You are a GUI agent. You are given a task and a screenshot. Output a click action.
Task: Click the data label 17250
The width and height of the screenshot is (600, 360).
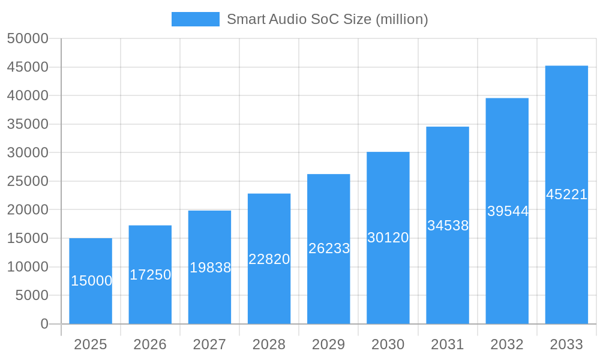click(x=150, y=275)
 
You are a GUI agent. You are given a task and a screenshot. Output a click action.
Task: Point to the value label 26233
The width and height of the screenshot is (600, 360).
click(x=329, y=248)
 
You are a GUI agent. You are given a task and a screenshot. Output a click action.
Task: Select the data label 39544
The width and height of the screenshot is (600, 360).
click(x=508, y=211)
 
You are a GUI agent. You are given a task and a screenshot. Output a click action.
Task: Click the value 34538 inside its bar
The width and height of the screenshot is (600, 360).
click(x=448, y=226)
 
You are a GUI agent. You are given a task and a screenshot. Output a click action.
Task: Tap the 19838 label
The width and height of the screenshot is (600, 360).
click(x=210, y=268)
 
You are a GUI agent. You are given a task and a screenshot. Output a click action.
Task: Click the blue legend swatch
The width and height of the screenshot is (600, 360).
click(x=196, y=19)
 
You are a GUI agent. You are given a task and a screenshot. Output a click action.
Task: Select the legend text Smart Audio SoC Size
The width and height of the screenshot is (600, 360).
click(x=327, y=19)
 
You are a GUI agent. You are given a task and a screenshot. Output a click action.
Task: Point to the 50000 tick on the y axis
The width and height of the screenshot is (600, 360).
click(x=28, y=38)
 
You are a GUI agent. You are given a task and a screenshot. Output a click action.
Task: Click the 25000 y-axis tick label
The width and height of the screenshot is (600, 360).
click(x=28, y=181)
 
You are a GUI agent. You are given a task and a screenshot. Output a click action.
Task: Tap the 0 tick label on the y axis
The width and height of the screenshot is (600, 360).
click(x=44, y=324)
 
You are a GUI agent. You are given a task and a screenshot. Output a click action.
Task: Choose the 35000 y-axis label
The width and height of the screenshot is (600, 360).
click(x=28, y=124)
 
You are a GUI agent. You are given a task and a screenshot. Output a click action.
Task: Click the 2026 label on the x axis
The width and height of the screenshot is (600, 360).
click(x=150, y=344)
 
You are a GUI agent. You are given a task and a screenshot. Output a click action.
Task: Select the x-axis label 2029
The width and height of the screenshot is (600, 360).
click(x=329, y=344)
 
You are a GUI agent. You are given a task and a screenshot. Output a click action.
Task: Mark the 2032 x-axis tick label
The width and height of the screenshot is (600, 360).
click(x=507, y=344)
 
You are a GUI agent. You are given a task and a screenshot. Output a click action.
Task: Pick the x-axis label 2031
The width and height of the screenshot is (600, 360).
click(x=448, y=344)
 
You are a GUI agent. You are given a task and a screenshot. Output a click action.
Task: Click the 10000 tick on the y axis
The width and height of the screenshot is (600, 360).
click(x=28, y=267)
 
